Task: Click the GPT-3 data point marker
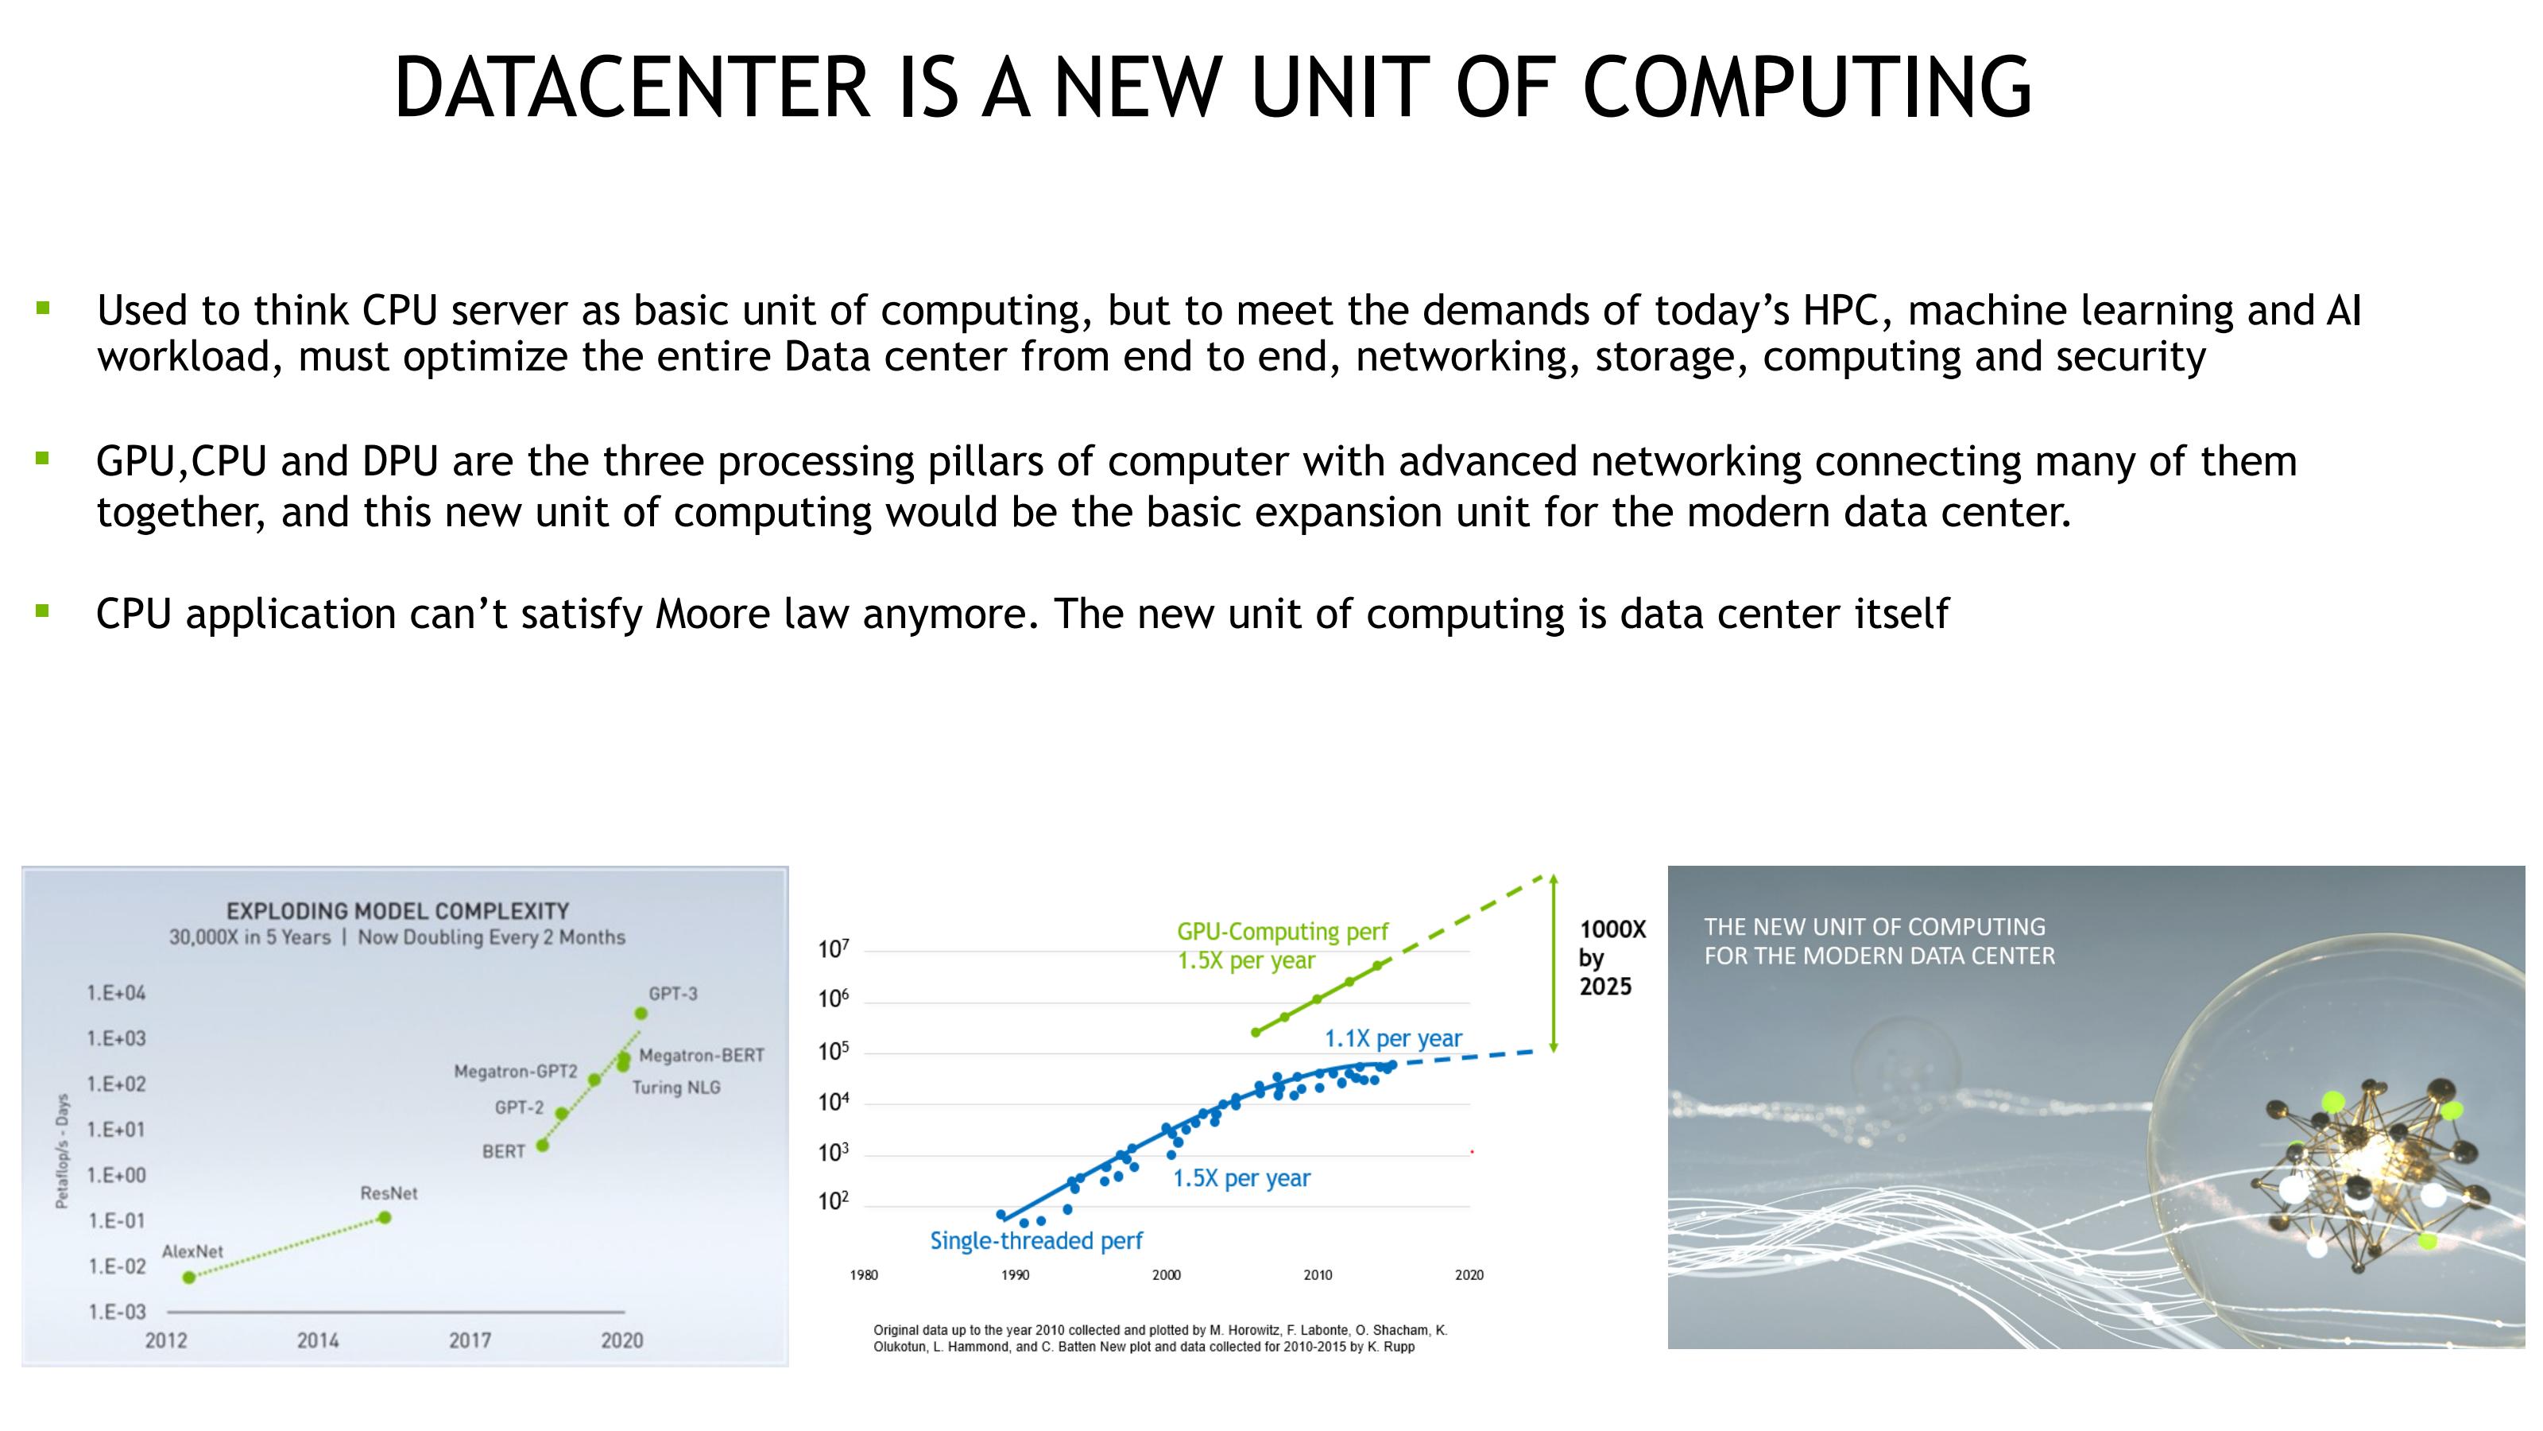641,1014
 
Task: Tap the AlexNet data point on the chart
190,1277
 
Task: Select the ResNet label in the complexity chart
389,1193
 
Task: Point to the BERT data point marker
542,1146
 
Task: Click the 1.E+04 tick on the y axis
117,992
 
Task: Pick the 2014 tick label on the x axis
318,1340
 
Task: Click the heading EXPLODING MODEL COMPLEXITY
398,910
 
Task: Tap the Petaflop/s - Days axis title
62,1150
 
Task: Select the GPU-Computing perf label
1283,931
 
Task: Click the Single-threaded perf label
1035,1240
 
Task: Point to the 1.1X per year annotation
1393,1038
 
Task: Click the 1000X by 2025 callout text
1612,957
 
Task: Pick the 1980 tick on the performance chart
864,1275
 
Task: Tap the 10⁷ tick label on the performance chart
833,949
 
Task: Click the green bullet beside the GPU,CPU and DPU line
42,458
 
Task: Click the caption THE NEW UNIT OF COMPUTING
1875,926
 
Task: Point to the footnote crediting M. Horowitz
1160,1338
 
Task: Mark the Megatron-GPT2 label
515,1072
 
